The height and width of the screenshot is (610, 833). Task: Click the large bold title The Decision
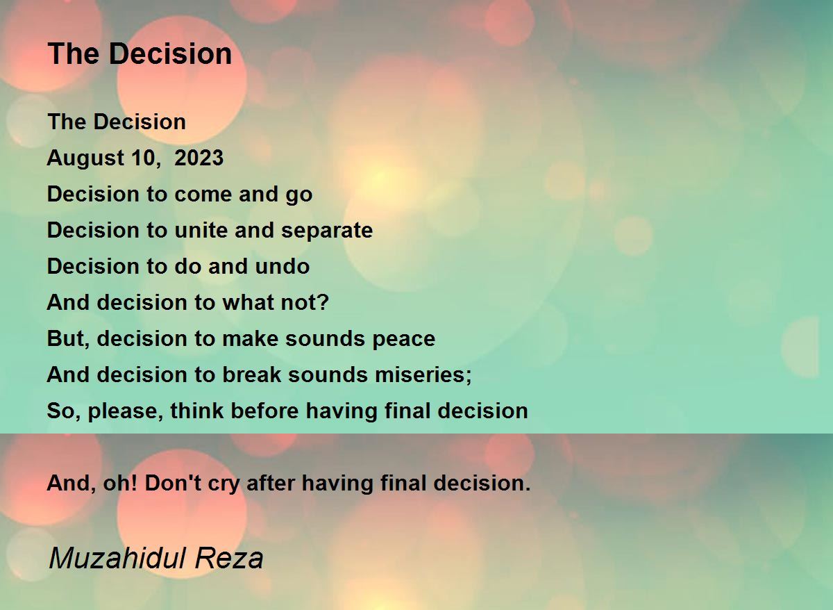(140, 53)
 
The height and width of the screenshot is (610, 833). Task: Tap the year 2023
(199, 158)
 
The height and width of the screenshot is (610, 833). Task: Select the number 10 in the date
(141, 158)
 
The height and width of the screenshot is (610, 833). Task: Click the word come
(203, 195)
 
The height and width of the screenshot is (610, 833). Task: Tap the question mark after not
(323, 302)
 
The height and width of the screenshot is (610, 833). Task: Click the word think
(197, 411)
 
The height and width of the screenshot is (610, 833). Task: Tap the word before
(264, 411)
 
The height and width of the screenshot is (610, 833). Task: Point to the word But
(69, 338)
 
